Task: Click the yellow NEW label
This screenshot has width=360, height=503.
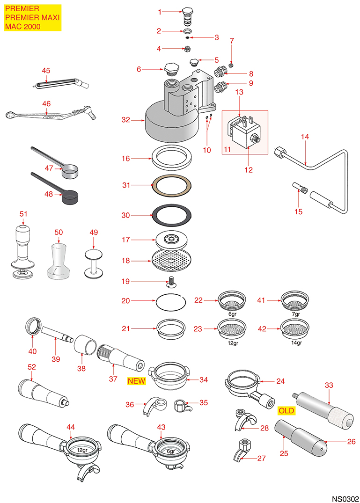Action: tap(137, 381)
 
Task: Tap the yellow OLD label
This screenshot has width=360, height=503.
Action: tap(286, 410)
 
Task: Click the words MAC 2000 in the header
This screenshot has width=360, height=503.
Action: tap(22, 26)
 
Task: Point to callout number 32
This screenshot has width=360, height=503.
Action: tap(125, 120)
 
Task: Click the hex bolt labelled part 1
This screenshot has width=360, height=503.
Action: tap(187, 18)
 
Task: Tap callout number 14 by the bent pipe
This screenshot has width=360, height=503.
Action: tap(305, 137)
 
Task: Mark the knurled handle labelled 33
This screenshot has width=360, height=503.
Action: tap(323, 411)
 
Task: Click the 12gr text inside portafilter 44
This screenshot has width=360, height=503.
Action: tap(82, 450)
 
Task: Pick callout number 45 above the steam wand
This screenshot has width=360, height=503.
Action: tap(46, 70)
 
